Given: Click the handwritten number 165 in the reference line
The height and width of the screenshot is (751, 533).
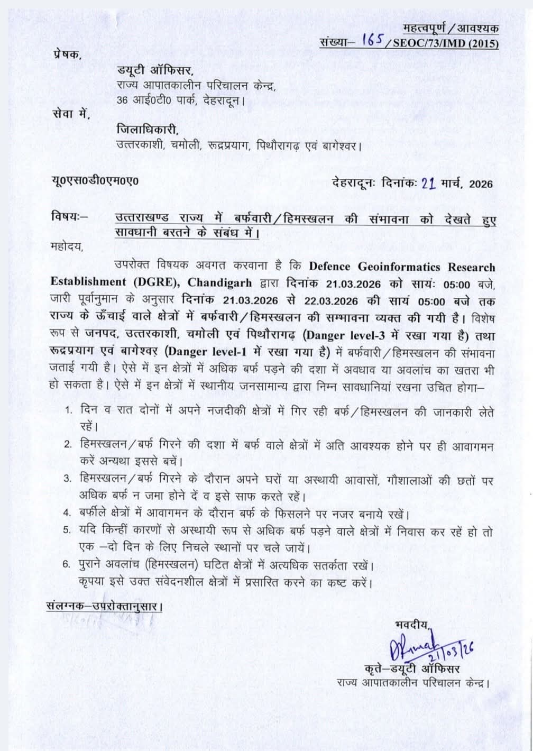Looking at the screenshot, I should (373, 42).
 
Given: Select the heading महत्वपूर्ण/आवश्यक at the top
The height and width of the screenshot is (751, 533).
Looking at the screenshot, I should (450, 28).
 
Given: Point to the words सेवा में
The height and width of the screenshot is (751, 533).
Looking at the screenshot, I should (71, 113).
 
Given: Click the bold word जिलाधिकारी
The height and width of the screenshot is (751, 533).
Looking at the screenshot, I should (148, 130).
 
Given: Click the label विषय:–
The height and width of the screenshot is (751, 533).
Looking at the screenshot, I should (70, 217).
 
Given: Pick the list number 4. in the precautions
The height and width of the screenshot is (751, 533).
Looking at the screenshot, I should (67, 513).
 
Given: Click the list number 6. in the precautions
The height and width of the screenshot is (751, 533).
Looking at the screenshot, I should (67, 564).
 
